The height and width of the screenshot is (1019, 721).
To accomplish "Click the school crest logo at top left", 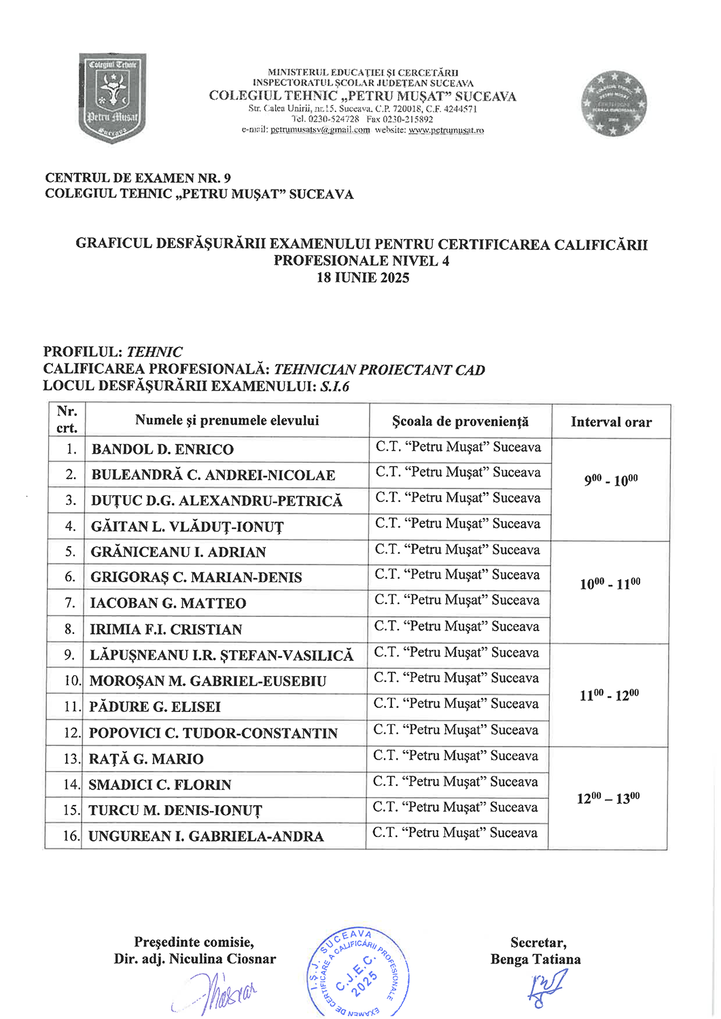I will [x=113, y=98].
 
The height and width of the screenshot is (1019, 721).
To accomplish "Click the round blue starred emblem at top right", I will [x=613, y=104].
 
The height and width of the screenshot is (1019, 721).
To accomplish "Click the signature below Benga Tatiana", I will [x=546, y=988].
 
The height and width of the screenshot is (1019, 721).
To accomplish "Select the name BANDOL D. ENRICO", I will [x=162, y=450].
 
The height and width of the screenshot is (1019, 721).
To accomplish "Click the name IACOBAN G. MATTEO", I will [x=168, y=603].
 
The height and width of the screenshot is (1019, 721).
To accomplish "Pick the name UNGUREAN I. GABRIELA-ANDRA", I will [x=206, y=836].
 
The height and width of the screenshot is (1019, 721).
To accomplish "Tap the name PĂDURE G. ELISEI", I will [x=155, y=707].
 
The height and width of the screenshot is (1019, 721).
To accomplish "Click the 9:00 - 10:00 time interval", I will [x=611, y=480].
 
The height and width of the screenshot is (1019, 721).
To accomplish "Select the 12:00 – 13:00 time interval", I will [x=608, y=798].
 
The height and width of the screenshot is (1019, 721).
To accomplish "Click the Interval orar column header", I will [x=611, y=423].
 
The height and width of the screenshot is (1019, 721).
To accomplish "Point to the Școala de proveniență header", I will [x=460, y=421].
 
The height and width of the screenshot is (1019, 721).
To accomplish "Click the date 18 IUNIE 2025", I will [x=363, y=277].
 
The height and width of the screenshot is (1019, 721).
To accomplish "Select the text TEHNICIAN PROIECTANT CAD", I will [x=379, y=370].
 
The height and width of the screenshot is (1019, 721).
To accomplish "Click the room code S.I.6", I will [x=335, y=387].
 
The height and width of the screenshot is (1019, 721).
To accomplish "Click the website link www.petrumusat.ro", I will [x=446, y=130].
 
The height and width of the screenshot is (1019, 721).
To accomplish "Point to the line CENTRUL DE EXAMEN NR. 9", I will [x=138, y=178].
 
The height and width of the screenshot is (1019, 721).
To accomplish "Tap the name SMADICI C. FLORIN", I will [x=160, y=785].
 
